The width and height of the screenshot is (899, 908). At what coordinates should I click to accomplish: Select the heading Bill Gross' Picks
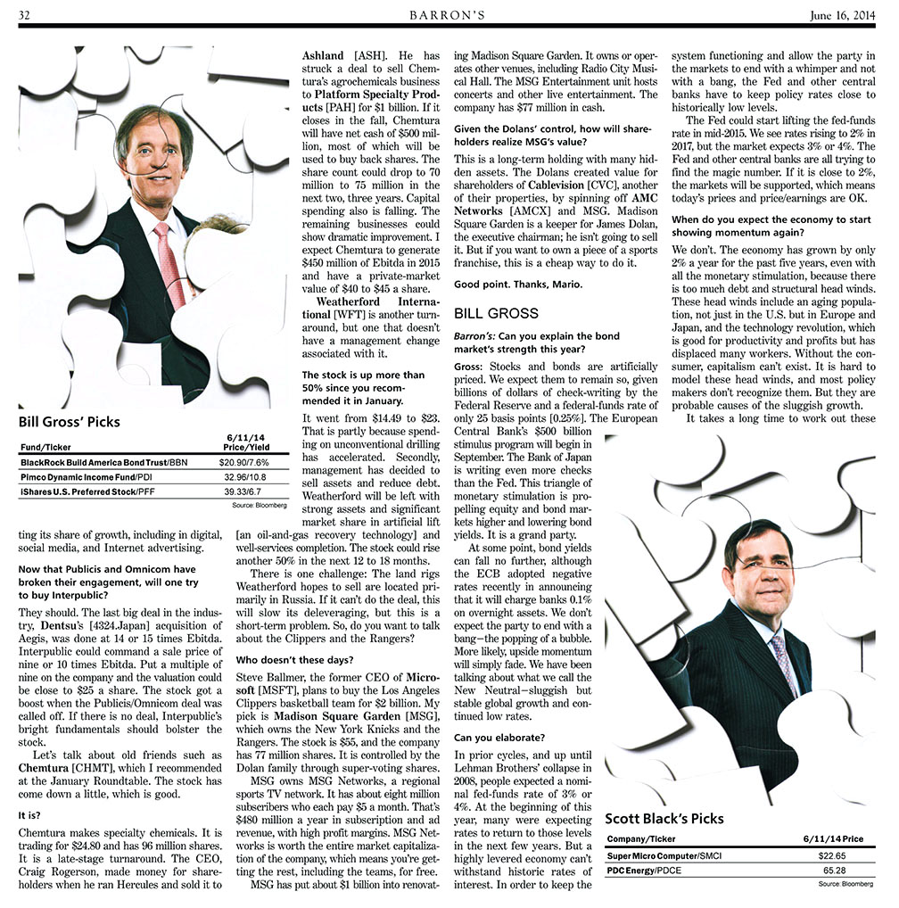coord(69,421)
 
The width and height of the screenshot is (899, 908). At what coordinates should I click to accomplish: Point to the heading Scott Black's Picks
coord(664,818)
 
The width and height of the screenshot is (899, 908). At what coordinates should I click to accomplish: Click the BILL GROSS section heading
coord(496,313)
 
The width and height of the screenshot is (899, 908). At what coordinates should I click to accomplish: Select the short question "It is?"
coord(32,814)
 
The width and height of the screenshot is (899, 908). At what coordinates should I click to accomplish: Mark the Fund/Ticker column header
coord(45,447)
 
